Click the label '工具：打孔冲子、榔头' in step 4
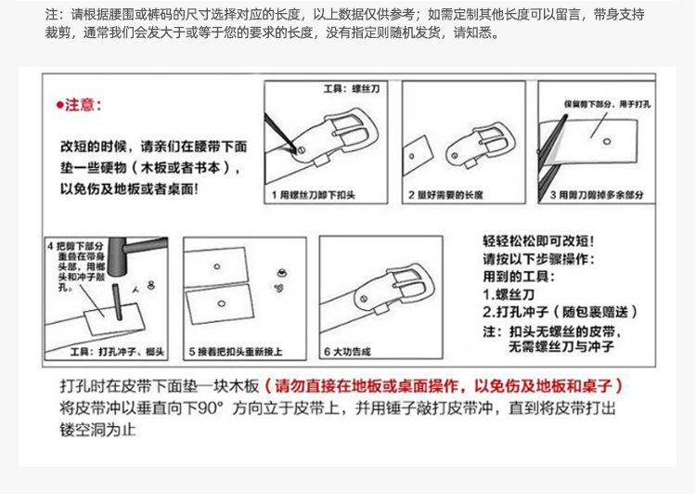pos(118,352)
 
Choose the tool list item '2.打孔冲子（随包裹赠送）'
pos(561,312)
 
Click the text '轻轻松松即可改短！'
pos(532,239)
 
